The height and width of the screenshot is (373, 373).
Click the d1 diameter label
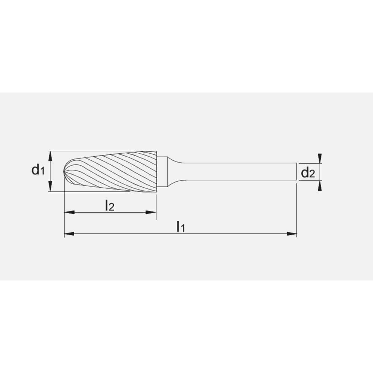click(x=38, y=171)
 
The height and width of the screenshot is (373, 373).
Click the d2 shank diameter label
click(x=308, y=173)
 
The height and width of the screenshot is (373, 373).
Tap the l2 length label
click(x=109, y=205)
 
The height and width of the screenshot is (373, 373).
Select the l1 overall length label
click(x=181, y=226)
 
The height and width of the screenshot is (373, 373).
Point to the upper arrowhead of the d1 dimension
click(x=50, y=154)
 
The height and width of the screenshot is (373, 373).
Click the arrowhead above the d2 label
click(x=319, y=158)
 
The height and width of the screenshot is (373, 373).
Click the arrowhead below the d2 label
click(x=319, y=186)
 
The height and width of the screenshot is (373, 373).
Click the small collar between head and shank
click(x=161, y=172)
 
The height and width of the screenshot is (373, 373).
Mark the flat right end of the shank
click(x=297, y=172)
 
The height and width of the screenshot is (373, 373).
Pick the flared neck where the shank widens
click(x=172, y=172)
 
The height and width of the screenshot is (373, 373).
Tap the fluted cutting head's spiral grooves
click(x=112, y=172)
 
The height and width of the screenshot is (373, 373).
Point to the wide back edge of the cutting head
click(x=156, y=172)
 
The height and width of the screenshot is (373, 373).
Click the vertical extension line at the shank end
click(x=297, y=209)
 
